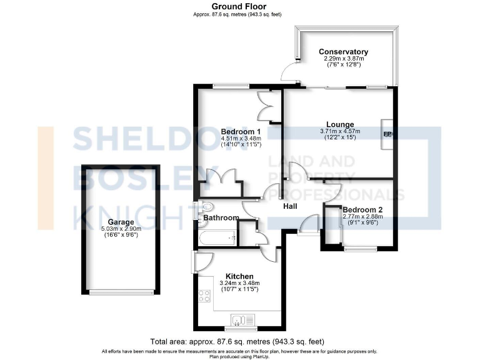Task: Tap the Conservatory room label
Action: (x=343, y=52)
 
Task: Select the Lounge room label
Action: (x=339, y=124)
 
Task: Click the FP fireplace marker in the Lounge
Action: (x=387, y=134)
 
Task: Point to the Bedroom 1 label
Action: (x=241, y=131)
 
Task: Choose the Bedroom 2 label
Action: (x=362, y=209)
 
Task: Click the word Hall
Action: (x=290, y=206)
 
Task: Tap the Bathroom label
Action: (x=221, y=217)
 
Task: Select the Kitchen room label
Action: (x=239, y=276)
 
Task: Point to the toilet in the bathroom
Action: (x=206, y=207)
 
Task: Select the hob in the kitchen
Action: (x=204, y=296)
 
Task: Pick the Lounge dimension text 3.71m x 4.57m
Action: (x=339, y=131)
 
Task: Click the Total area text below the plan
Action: (x=237, y=342)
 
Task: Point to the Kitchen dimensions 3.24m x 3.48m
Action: (x=239, y=283)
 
